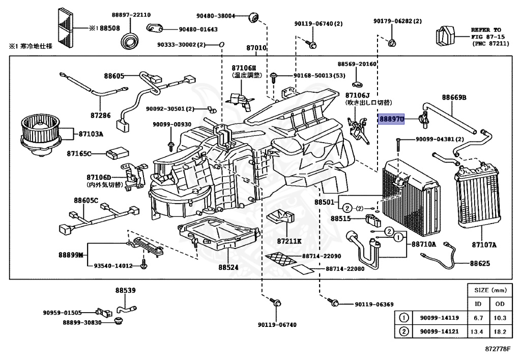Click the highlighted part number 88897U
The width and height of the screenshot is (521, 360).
tap(391, 119)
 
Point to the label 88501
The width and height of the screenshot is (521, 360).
tap(325, 202)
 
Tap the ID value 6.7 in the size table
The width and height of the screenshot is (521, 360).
tap(478, 318)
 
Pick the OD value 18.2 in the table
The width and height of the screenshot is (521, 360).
tap(500, 331)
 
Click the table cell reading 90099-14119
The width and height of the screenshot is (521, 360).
tap(439, 318)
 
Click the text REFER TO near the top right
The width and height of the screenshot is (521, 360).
tap(485, 30)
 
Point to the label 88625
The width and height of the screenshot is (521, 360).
tap(480, 263)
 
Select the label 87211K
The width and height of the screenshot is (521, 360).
tap(289, 240)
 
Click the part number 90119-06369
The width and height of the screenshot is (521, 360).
tap(373, 304)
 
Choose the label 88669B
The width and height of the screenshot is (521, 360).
tap(454, 97)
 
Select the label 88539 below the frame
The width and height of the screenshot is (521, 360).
tap(125, 290)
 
